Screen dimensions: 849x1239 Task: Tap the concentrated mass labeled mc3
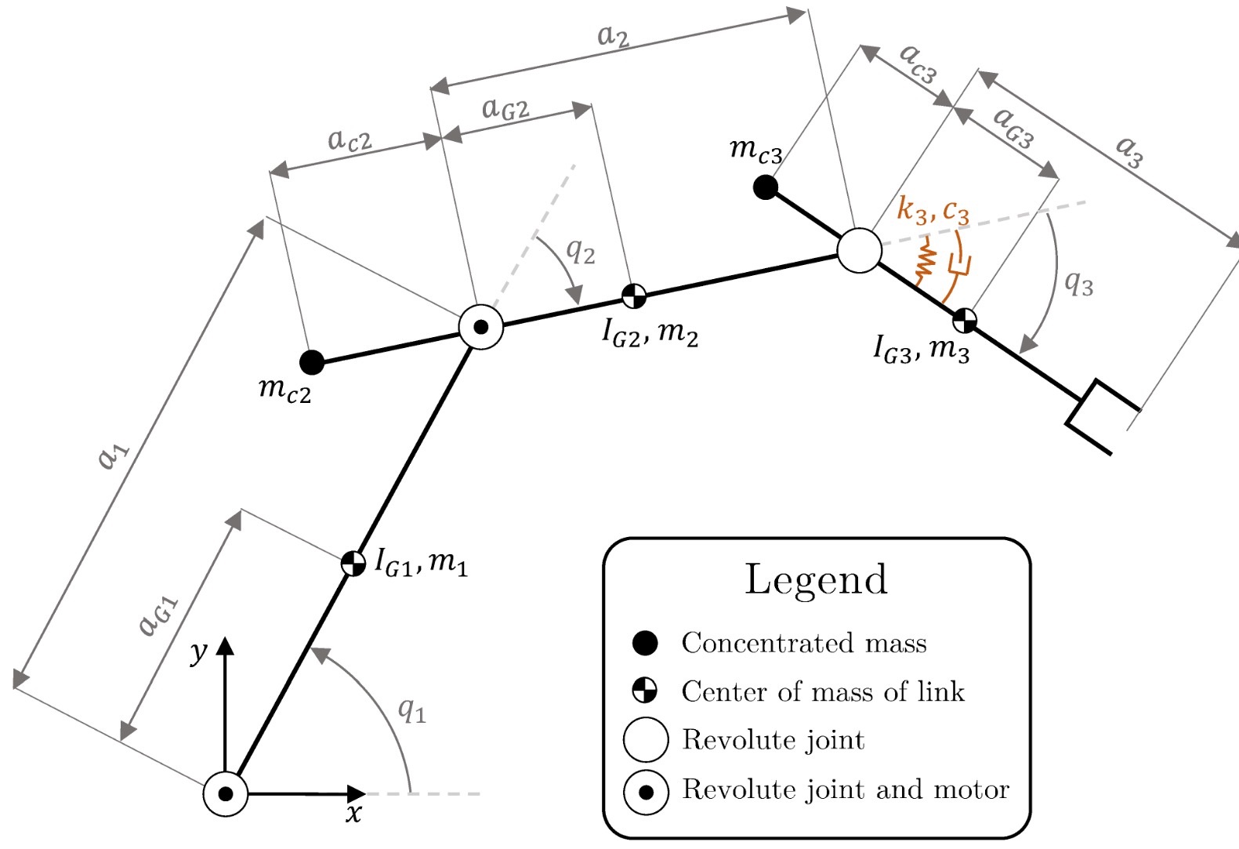765,187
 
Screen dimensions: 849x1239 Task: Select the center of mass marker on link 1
353,563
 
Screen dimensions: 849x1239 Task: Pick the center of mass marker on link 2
634,296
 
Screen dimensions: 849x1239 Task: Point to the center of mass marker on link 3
965,320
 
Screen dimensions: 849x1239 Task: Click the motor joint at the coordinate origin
226,794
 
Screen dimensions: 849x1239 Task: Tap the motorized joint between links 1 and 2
480,326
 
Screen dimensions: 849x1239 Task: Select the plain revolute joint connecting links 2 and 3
860,251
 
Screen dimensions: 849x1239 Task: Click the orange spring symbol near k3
926,260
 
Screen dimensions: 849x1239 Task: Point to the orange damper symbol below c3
958,264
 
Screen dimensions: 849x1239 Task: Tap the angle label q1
411,710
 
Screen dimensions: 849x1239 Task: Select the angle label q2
580,251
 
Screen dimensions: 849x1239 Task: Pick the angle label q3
1078,283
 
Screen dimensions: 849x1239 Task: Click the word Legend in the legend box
816,579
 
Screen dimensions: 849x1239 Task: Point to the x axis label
354,814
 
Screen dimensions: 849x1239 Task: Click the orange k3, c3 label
933,210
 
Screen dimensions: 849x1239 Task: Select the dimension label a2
613,35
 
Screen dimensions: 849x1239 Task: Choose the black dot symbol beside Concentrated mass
645,643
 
